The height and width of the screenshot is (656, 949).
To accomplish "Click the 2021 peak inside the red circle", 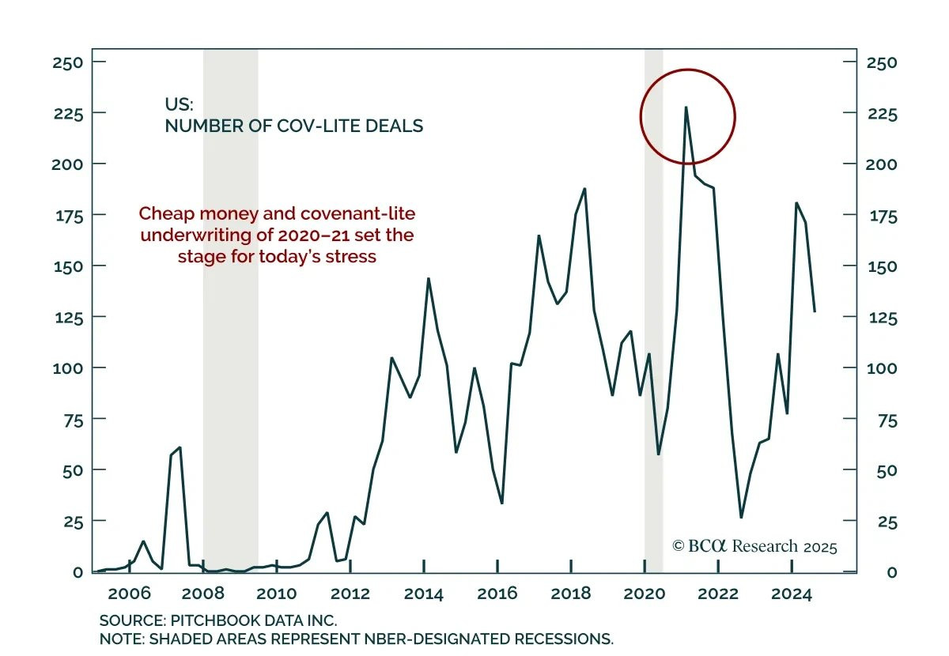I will click(686, 107).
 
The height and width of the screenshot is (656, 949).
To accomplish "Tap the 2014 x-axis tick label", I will click(424, 593).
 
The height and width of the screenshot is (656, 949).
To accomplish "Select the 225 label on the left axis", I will click(67, 113).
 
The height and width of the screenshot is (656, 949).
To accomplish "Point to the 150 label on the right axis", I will click(882, 266).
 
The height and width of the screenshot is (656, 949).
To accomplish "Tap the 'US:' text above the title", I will click(178, 104).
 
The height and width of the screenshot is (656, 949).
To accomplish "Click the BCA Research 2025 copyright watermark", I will click(754, 546).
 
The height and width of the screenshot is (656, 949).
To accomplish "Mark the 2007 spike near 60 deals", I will click(180, 448).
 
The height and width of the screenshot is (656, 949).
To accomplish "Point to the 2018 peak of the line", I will click(584, 189).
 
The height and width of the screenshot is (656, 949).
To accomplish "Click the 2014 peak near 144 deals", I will click(428, 279).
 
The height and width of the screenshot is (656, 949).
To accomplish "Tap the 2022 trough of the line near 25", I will click(741, 517).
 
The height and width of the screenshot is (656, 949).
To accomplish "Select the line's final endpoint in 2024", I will click(815, 311).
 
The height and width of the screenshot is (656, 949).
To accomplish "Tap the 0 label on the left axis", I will click(77, 572).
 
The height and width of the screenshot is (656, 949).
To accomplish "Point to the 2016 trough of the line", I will click(502, 503).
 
